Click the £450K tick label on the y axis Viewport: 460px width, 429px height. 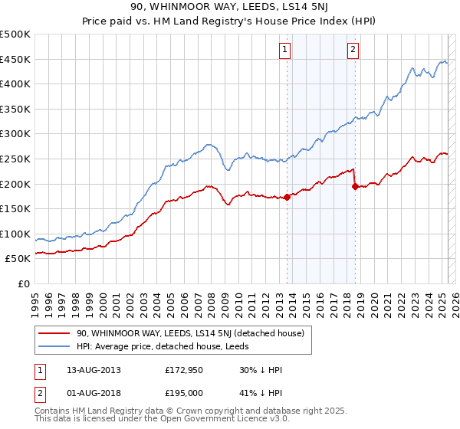(x=16, y=59)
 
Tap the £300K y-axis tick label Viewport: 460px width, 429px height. (x=16, y=134)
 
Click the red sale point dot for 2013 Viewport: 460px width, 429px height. (x=287, y=197)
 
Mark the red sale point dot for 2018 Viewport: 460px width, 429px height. (x=354, y=186)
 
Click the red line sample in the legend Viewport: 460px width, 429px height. (x=54, y=333)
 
